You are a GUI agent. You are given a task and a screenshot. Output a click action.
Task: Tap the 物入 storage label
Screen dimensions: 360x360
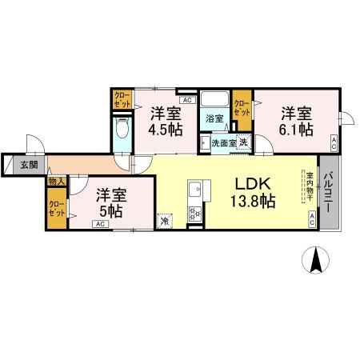click(56, 182)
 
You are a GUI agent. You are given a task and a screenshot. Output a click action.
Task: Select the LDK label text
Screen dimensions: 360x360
click(251, 182)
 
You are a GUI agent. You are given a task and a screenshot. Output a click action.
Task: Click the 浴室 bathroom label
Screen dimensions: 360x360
click(214, 119)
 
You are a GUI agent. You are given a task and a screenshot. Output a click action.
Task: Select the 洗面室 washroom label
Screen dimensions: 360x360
click(222, 143)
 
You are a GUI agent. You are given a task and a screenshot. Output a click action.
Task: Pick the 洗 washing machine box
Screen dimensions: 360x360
click(244, 142)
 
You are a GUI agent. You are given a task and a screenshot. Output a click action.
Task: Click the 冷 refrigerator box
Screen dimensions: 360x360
click(165, 221)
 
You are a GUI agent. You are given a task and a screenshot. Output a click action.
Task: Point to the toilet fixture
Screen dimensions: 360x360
click(122, 131)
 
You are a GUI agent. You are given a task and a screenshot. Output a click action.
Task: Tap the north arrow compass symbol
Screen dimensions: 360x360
click(317, 261)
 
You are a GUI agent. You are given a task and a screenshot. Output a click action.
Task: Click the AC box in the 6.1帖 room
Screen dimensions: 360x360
click(333, 142)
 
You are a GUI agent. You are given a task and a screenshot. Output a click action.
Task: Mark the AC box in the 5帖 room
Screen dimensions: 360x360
click(100, 225)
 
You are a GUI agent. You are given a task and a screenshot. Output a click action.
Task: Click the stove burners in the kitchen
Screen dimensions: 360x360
click(193, 214)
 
